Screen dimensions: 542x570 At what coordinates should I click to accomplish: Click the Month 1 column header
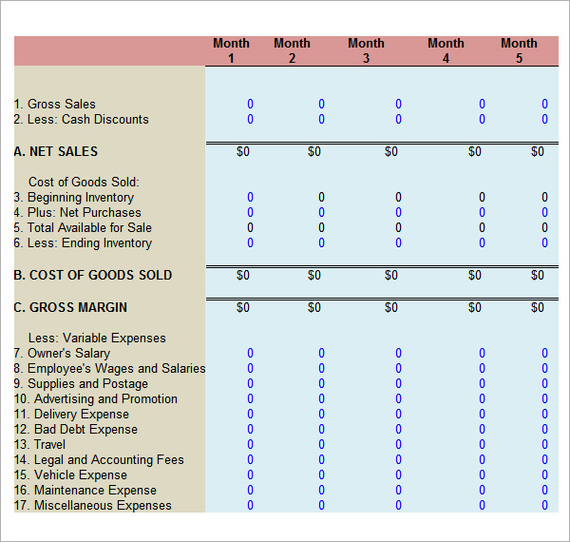click(231, 50)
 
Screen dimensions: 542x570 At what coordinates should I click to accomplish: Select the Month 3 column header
click(366, 50)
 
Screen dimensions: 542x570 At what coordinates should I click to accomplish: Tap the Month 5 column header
click(519, 50)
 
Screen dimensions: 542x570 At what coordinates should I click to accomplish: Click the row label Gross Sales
click(55, 105)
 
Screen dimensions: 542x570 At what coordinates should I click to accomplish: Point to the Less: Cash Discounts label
click(82, 120)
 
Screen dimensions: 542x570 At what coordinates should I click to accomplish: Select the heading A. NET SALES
click(56, 152)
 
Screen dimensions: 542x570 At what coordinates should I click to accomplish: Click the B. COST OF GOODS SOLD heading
click(93, 276)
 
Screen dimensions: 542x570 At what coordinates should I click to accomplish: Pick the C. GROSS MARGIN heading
click(70, 308)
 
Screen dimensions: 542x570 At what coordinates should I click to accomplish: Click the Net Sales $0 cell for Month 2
click(314, 152)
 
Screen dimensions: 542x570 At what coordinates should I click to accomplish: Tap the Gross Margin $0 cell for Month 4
click(475, 308)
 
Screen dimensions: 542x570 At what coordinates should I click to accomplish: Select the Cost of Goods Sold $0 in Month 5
click(538, 276)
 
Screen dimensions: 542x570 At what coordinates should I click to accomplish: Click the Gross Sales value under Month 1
click(251, 105)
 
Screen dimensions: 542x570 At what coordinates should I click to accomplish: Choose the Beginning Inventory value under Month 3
click(398, 198)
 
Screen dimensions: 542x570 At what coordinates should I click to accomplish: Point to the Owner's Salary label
click(62, 354)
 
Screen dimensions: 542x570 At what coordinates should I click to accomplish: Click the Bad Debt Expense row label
click(76, 430)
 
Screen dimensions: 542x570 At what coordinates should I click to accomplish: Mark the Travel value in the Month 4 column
click(482, 445)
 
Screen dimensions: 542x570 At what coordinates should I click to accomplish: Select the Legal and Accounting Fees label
click(99, 460)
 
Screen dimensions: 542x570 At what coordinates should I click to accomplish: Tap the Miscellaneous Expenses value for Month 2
click(321, 506)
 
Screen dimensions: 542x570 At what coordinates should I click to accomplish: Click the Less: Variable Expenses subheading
click(97, 339)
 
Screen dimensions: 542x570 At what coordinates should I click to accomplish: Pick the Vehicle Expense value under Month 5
click(544, 475)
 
